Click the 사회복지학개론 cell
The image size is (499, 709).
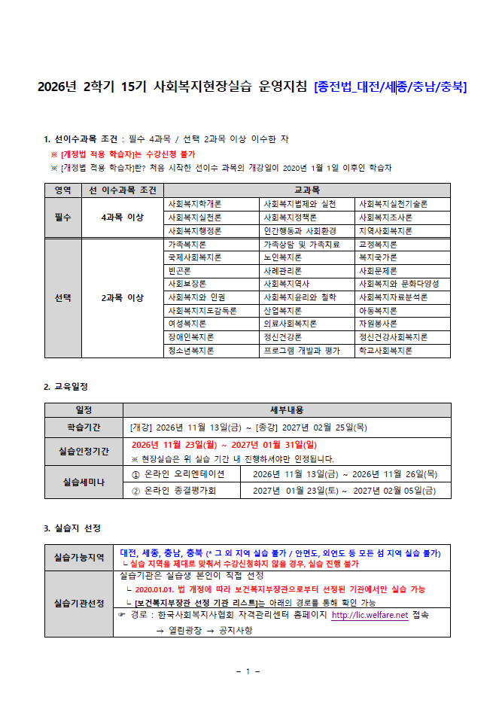click(195, 204)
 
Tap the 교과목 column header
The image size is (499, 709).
click(306, 190)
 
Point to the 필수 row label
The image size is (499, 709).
click(63, 218)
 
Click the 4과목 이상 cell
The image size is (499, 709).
click(123, 218)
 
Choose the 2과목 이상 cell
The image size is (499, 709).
click(123, 297)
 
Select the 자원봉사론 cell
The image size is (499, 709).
click(378, 324)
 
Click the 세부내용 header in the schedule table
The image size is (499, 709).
click(287, 410)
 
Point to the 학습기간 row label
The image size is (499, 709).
click(84, 427)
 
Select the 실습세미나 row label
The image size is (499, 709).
click(84, 482)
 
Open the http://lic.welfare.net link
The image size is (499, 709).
click(370, 615)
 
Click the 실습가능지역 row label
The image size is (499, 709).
click(79, 558)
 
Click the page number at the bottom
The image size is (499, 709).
click(248, 671)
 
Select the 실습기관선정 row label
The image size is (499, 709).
click(79, 604)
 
